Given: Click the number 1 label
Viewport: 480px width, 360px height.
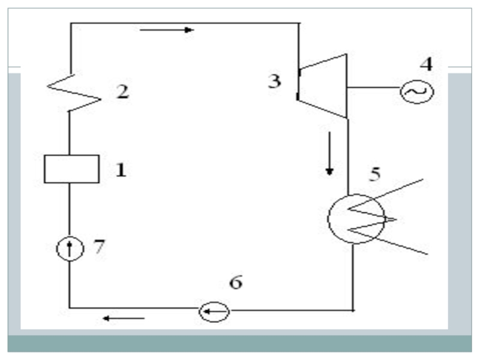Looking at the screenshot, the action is point(121,170).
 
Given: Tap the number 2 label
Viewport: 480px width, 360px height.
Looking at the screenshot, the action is point(122,93).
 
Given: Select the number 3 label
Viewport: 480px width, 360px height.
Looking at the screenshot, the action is point(274,81).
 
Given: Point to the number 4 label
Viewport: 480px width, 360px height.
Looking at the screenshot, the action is point(425,64).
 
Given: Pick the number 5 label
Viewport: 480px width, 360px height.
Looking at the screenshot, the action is point(374,174).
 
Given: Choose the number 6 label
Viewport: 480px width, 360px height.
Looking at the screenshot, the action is point(236,283).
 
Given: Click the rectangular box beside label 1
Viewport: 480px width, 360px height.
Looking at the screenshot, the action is point(71,169).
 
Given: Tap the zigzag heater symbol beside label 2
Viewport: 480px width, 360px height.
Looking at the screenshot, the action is point(72,94).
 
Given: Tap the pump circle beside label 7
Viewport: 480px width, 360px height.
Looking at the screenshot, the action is point(70,248).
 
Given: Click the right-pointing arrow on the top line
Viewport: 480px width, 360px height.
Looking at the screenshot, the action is point(167,29).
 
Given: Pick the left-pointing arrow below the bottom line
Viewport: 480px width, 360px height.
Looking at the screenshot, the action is point(123,318).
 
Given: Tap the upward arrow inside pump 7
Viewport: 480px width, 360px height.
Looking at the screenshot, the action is point(70,247).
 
